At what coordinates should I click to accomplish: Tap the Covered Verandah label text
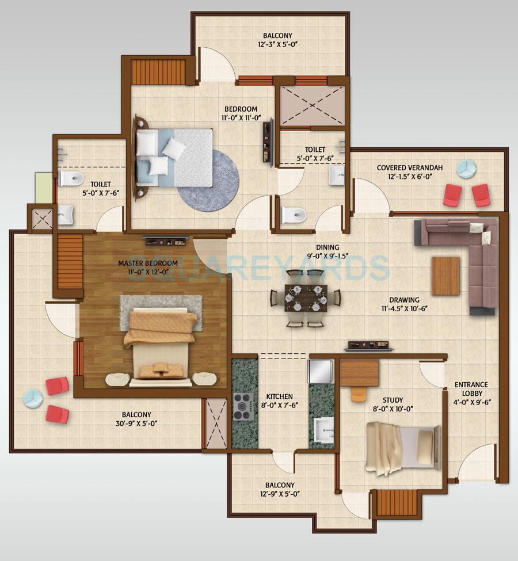(409, 168)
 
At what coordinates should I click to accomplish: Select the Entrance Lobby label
(471, 384)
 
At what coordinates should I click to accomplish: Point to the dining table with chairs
(305, 297)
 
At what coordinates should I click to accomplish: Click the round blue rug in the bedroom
(200, 178)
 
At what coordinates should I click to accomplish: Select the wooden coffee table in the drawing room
(445, 276)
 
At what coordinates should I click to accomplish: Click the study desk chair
(359, 394)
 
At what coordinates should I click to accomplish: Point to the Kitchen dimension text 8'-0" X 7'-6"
(280, 404)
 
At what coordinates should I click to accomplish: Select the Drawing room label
(404, 300)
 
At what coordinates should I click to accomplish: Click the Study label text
(393, 400)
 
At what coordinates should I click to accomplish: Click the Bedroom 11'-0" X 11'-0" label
(241, 109)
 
